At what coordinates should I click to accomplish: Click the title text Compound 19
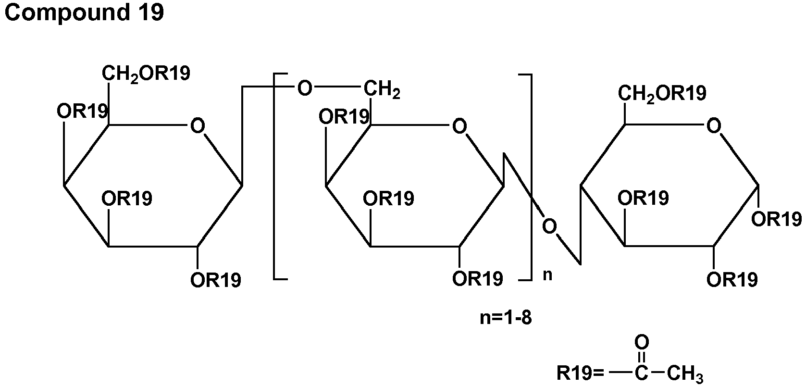(x=84, y=13)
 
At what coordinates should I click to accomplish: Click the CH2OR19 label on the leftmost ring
(x=146, y=73)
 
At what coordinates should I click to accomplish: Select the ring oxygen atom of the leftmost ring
(x=197, y=126)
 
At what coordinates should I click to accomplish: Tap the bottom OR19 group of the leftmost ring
(x=216, y=280)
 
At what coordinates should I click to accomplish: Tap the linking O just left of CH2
(x=305, y=88)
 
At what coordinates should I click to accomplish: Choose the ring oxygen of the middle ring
(x=459, y=126)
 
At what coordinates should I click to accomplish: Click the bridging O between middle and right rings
(x=549, y=225)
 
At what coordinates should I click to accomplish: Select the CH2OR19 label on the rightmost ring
(x=662, y=93)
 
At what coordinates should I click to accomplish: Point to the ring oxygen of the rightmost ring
(x=714, y=126)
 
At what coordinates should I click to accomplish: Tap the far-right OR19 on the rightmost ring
(x=777, y=219)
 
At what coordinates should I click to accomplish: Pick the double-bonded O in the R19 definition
(x=642, y=343)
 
